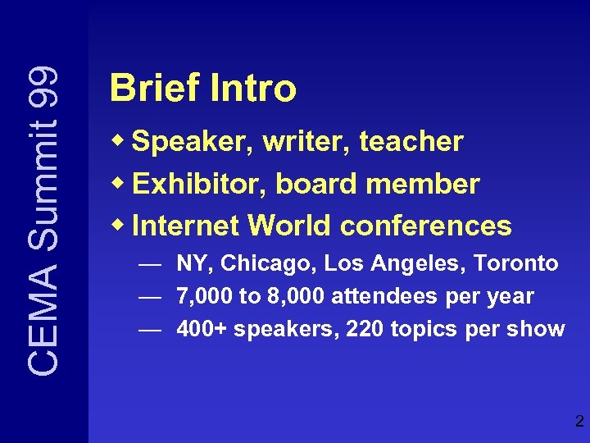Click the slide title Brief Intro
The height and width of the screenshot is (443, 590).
(x=202, y=89)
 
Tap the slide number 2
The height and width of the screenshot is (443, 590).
(x=579, y=422)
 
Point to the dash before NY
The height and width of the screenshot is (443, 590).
(x=149, y=264)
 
